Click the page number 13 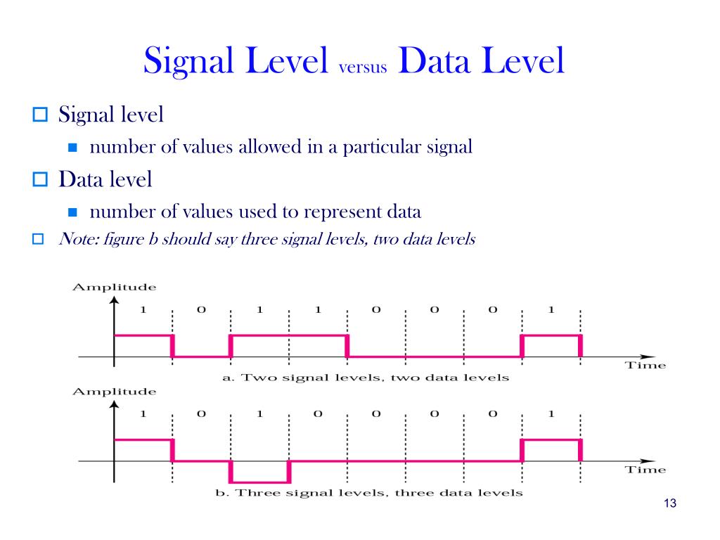point(669,503)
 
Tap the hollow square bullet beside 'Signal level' point(39,114)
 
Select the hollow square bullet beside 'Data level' point(39,180)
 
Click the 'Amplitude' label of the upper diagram point(114,287)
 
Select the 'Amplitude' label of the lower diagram point(114,391)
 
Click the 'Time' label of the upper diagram point(645,366)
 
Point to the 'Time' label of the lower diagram point(645,470)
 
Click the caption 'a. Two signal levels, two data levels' point(365,378)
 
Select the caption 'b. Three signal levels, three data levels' point(368,492)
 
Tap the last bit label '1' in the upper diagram point(551,310)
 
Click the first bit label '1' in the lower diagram point(143,414)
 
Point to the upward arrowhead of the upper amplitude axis point(114,301)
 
